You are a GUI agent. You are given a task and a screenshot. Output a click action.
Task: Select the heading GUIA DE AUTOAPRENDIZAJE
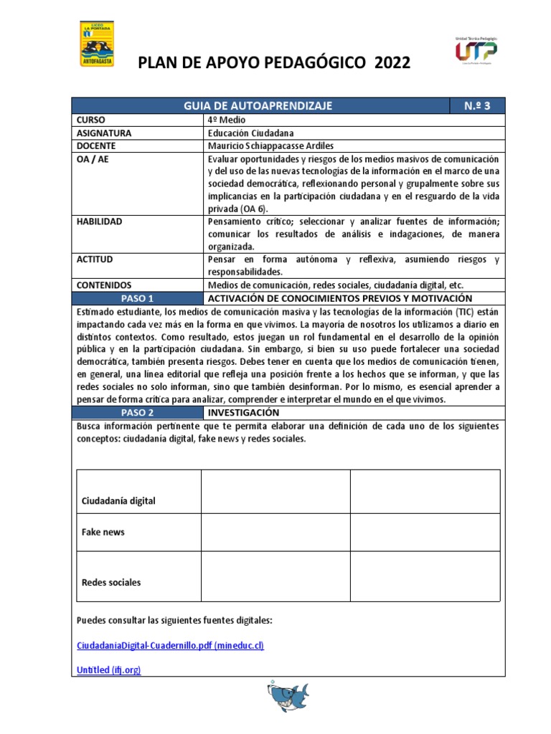point(258,106)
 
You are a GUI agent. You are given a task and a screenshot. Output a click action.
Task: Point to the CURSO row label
point(91,120)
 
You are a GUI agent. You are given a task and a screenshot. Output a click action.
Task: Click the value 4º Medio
point(227,120)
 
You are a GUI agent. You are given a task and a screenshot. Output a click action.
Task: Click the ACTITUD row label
point(95,259)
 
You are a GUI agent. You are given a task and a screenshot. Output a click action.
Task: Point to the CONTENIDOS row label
point(104,285)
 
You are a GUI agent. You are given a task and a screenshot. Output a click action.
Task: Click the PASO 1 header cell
point(137,297)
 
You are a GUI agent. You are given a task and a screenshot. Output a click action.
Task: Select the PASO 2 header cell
point(137,413)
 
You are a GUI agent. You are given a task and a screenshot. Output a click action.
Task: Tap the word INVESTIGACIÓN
point(243,413)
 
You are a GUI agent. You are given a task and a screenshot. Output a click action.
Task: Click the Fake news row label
point(103,533)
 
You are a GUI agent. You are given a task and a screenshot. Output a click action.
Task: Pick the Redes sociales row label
point(111,582)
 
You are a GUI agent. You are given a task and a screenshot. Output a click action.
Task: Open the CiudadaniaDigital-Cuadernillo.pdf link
point(170,645)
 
